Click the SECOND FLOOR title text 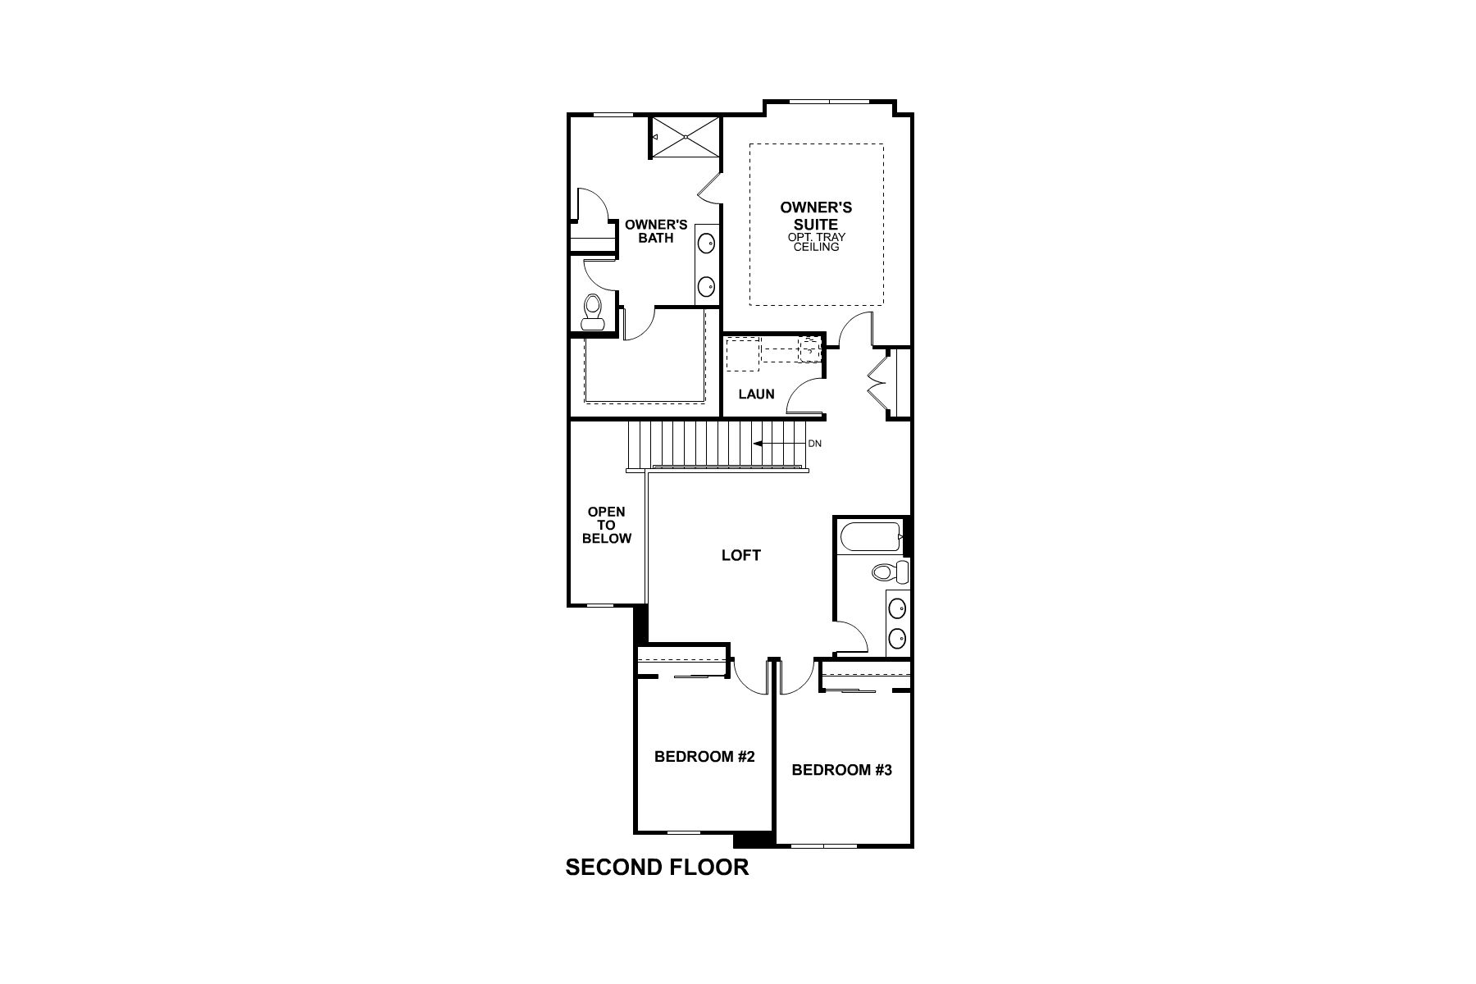tap(657, 868)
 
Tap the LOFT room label tap(741, 555)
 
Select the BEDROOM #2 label tap(704, 757)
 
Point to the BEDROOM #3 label tap(841, 770)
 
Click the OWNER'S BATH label tap(656, 230)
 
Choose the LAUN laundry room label tap(756, 394)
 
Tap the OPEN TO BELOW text tap(607, 525)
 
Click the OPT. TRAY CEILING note tap(817, 242)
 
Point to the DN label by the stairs tap(814, 444)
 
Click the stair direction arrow tap(778, 444)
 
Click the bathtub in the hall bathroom tap(872, 537)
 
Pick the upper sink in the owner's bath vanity tap(705, 243)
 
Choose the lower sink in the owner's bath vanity tap(705, 286)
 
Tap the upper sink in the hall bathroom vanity tap(898, 608)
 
